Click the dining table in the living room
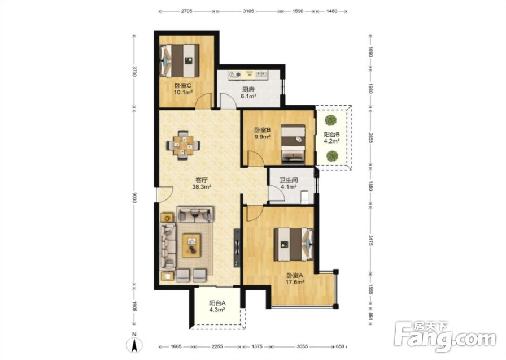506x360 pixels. (x=182, y=145)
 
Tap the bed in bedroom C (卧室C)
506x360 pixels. (x=180, y=60)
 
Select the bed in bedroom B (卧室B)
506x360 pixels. (x=293, y=143)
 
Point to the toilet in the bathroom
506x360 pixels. (x=305, y=197)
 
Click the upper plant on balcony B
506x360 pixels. (x=330, y=120)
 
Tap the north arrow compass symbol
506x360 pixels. (x=134, y=343)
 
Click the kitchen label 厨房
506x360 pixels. (x=248, y=89)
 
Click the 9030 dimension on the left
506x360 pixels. (x=134, y=196)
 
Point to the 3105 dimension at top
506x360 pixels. (x=248, y=11)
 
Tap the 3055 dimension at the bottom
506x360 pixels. (x=302, y=347)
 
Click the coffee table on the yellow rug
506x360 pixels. (x=191, y=245)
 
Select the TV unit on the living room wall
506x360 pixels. (x=237, y=248)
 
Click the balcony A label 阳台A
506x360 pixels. (x=217, y=303)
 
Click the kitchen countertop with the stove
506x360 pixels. (x=248, y=75)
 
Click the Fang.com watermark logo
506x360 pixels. (x=446, y=337)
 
